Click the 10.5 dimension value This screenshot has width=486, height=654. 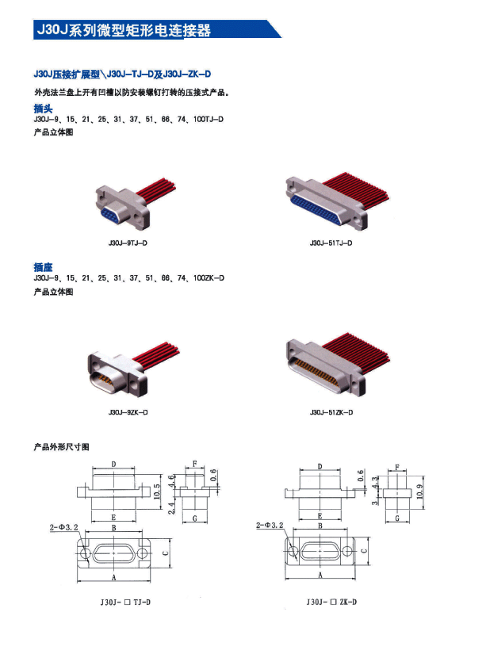[x=157, y=491]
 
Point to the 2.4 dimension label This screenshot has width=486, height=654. [x=171, y=507]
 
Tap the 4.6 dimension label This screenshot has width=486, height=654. [x=171, y=480]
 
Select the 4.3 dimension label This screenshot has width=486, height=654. [x=375, y=482]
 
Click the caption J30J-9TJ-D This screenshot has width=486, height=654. [x=128, y=243]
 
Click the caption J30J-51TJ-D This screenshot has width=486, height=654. [x=331, y=243]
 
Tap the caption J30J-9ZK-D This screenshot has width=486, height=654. [x=128, y=412]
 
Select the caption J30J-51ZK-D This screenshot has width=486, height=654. [x=331, y=412]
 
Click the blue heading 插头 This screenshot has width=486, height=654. [x=43, y=109]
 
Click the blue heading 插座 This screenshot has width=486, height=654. [x=43, y=267]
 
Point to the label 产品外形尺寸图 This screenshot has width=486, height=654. [x=61, y=447]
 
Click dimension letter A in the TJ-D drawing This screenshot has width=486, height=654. [x=113, y=578]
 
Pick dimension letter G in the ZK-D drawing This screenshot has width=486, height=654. [x=397, y=518]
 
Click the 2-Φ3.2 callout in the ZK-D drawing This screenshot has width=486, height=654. [x=270, y=525]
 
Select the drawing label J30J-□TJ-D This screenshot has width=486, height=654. [x=125, y=602]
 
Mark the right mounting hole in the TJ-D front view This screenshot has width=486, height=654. [x=142, y=553]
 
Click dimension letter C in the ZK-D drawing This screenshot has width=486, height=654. [x=364, y=551]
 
